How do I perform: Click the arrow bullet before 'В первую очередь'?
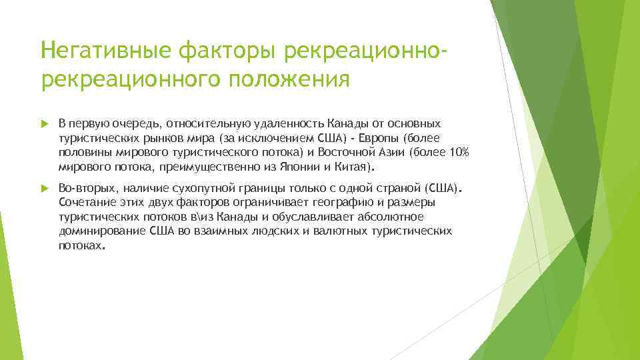tap(45, 124)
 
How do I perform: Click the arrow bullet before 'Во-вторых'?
tap(45, 189)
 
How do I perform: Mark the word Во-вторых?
tap(86, 189)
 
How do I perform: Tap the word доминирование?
tap(97, 231)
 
